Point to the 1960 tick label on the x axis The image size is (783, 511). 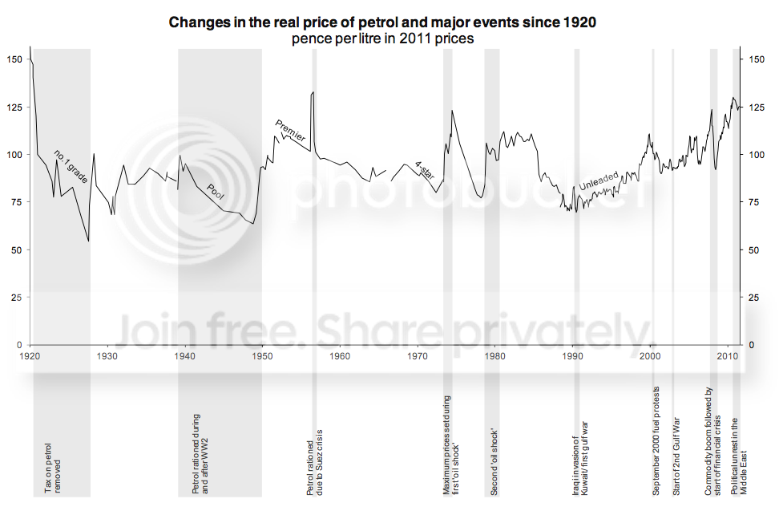click(x=340, y=355)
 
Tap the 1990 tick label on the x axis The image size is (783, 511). click(x=572, y=355)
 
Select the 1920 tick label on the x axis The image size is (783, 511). click(x=30, y=355)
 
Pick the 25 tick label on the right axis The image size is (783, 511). click(x=753, y=298)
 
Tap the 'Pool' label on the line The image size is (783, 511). click(x=216, y=190)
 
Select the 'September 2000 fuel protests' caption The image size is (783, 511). click(x=656, y=443)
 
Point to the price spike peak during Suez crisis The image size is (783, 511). click(x=313, y=92)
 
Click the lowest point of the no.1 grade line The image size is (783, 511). click(x=88, y=241)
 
